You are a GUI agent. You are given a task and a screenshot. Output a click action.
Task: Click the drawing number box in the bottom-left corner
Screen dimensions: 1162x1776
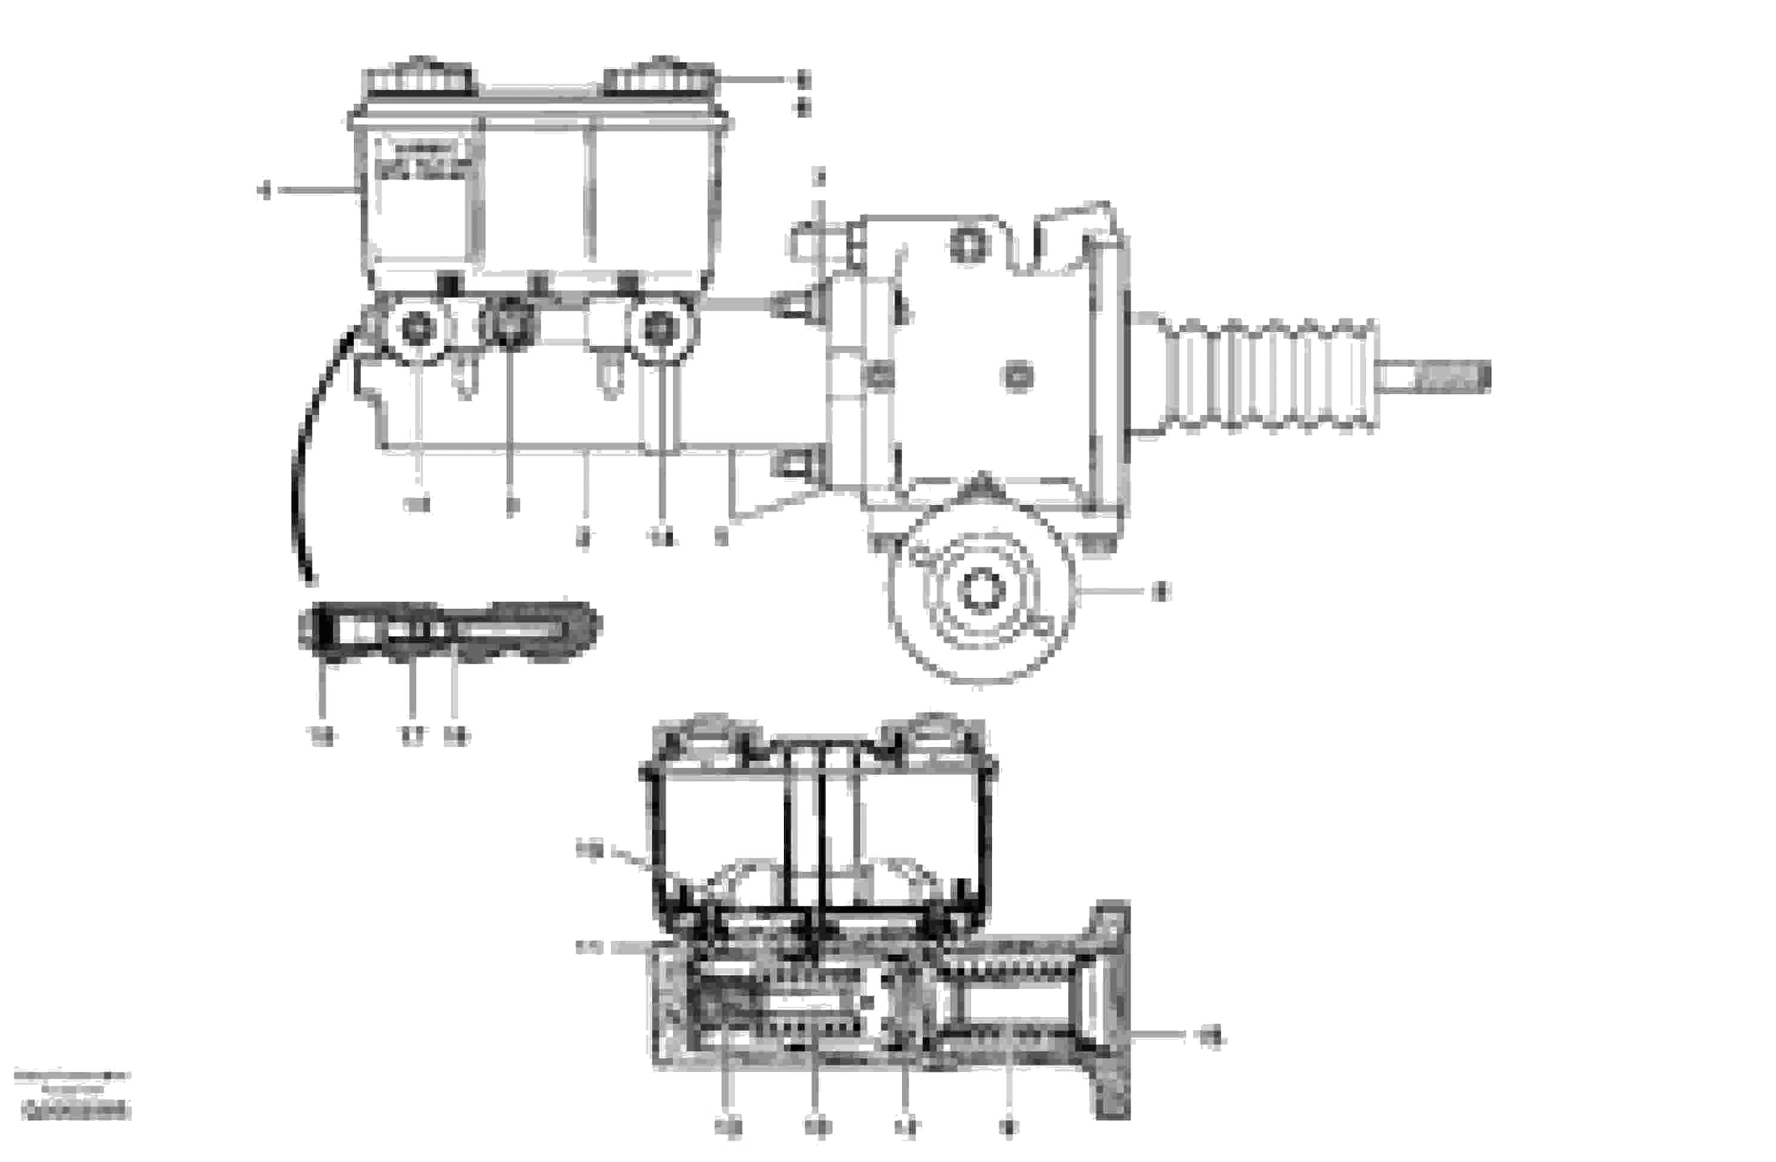(75, 1111)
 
